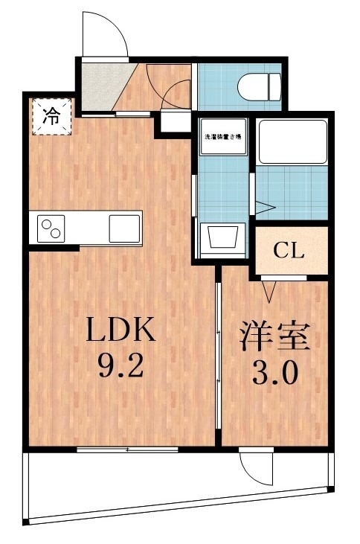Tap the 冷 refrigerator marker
click(51, 116)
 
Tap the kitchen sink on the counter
click(124, 227)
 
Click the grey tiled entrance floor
click(98, 86)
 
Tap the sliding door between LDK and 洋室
click(218, 354)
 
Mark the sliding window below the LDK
click(127, 449)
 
